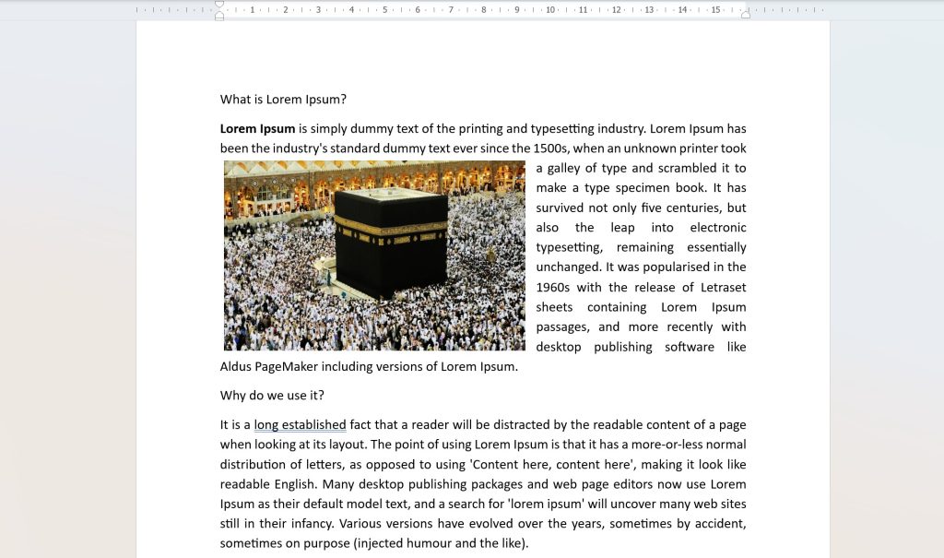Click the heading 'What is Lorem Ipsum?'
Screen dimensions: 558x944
tap(283, 100)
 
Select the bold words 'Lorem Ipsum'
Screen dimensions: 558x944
tap(257, 129)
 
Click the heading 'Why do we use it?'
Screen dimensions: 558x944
tap(272, 396)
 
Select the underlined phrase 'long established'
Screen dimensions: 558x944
tap(300, 425)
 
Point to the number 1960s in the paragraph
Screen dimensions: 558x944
tap(554, 288)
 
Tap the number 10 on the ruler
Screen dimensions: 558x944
tap(550, 10)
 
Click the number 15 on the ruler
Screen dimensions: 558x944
tap(715, 10)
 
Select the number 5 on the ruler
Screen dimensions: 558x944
tap(384, 10)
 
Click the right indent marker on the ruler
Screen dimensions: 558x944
tap(746, 13)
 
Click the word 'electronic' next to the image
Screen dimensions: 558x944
tap(718, 228)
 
